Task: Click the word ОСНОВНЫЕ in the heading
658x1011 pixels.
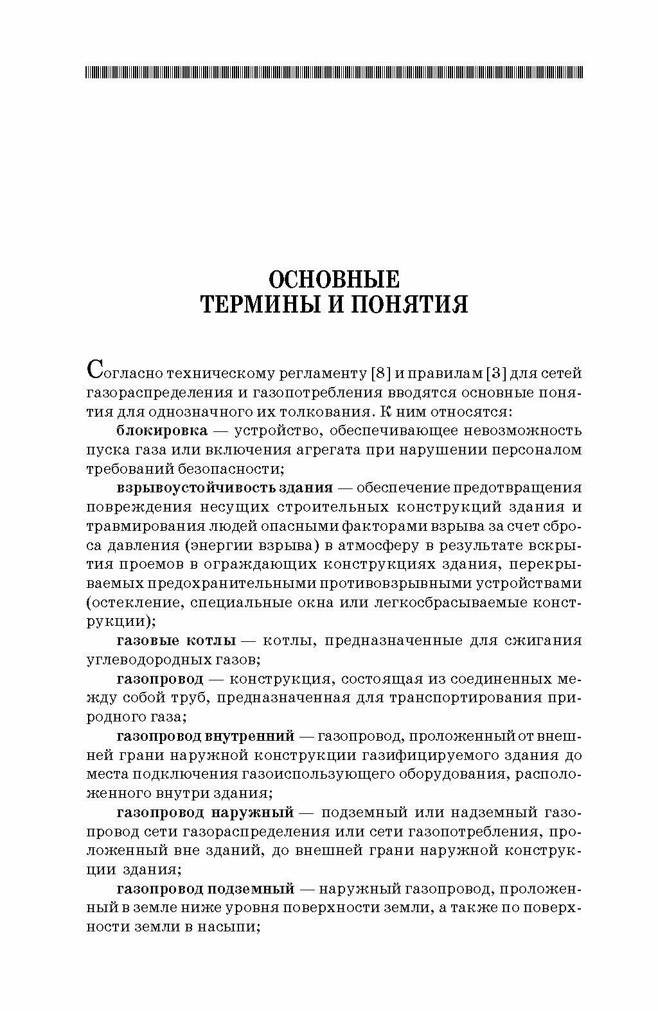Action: click(333, 279)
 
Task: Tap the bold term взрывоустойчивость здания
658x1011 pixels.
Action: click(224, 487)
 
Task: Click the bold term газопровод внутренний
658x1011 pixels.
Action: click(205, 736)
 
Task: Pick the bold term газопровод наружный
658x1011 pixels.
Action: click(205, 813)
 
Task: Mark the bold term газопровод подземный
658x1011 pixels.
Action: click(205, 889)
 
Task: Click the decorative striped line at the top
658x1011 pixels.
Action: click(333, 73)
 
